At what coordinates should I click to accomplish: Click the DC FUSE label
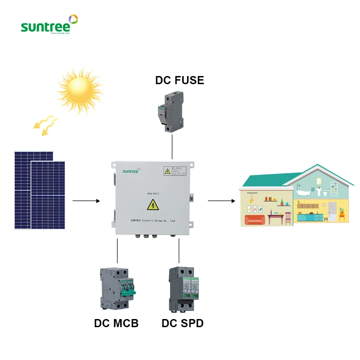(x=180, y=81)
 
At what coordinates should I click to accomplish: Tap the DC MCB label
(x=116, y=323)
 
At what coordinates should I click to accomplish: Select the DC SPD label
(x=182, y=323)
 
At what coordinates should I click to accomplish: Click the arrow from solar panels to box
(x=86, y=200)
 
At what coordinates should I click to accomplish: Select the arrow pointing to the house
(x=222, y=200)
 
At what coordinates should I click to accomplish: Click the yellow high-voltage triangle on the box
(x=152, y=206)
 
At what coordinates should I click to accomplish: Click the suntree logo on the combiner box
(x=129, y=171)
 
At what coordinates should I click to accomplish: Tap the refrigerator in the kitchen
(x=332, y=212)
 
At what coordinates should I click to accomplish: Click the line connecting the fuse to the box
(x=172, y=147)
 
